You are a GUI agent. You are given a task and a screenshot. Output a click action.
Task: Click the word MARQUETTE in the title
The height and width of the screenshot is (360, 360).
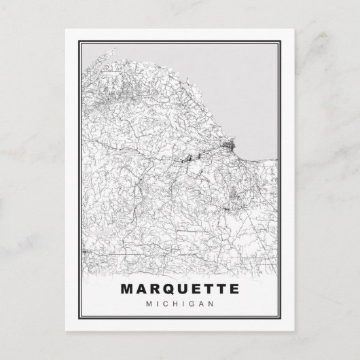180,289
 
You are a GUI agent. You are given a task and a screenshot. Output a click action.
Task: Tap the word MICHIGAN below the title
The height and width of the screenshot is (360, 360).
180,304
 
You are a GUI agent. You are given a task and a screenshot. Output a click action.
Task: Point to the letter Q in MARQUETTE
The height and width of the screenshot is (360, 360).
162,289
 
